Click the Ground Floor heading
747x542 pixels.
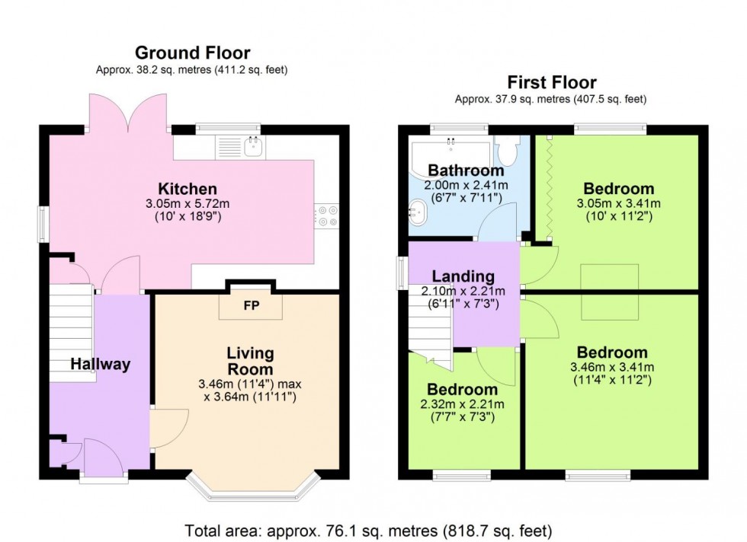(192, 53)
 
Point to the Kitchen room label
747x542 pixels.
(187, 189)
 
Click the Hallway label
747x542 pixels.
(101, 365)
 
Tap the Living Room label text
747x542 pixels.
(250, 361)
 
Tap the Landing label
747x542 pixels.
(463, 276)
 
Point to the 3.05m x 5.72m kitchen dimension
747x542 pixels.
(187, 204)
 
